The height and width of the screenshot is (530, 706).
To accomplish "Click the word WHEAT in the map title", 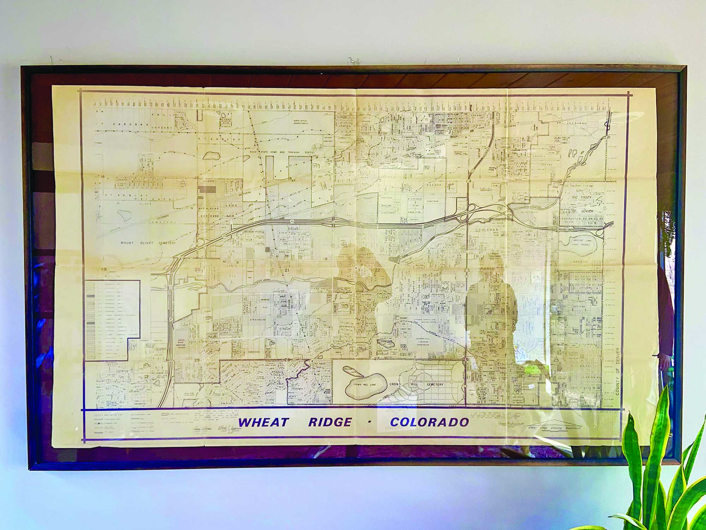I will pos(263,422).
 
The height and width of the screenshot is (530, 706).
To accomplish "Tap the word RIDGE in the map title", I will pos(330,422).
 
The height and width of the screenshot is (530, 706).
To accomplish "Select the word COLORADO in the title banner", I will pos(429,422).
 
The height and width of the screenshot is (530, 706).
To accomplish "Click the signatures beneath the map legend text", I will pos(215,428).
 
